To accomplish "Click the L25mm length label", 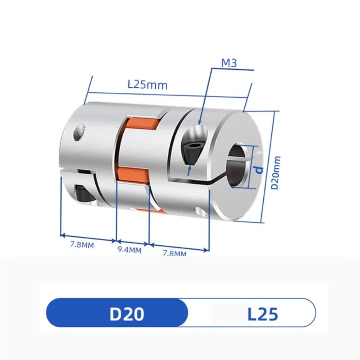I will [147, 85].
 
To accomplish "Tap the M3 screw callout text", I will [229, 64].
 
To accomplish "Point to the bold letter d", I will [259, 169].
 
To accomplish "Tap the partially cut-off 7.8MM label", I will [174, 254].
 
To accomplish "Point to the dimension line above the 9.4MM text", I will [132, 242].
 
